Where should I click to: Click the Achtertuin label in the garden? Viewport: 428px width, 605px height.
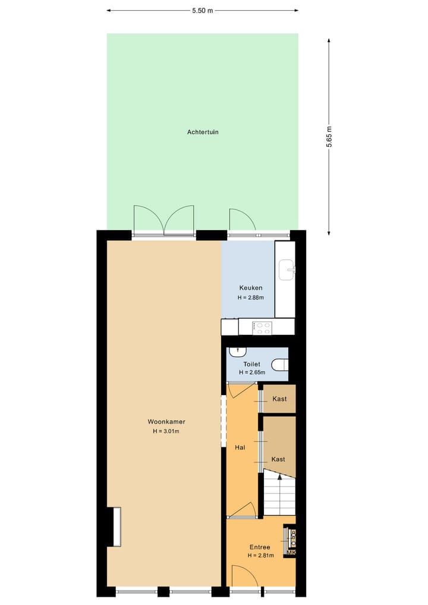203,132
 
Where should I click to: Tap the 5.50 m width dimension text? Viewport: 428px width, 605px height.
203,10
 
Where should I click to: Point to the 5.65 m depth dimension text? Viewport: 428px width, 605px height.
329,141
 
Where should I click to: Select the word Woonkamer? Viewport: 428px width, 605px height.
166,422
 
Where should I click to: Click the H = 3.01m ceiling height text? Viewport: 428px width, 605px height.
166,431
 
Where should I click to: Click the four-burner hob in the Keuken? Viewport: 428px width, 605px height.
262,327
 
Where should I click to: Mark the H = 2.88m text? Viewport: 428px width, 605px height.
250,297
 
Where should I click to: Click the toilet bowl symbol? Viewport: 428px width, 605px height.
279,363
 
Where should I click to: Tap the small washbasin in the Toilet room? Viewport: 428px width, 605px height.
237,352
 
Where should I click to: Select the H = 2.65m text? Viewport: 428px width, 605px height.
251,372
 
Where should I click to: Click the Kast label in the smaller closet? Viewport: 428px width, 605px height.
279,399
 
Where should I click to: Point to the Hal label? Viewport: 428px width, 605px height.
240,447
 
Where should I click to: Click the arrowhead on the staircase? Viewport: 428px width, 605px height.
280,477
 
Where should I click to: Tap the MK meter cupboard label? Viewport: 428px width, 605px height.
291,553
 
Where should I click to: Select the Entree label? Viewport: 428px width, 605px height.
260,547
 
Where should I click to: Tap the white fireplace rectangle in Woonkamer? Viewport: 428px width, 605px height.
117,526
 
